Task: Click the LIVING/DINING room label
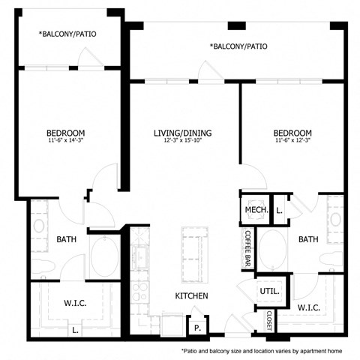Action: tap(183, 133)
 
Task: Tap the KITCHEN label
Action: tap(192, 295)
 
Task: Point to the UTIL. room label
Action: tap(269, 291)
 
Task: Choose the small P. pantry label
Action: tap(197, 327)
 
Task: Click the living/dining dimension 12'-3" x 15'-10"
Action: tap(183, 142)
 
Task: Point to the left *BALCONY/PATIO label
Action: tap(67, 34)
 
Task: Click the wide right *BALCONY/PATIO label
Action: tap(238, 46)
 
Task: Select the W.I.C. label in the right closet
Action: tap(310, 307)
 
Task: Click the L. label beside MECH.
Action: tap(280, 211)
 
